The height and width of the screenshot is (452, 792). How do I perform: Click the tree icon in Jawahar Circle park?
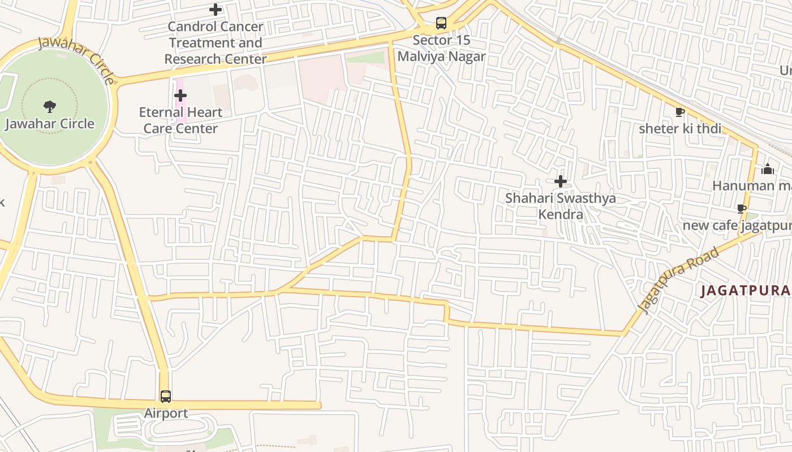tap(50, 106)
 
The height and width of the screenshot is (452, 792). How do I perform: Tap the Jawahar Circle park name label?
tap(50, 124)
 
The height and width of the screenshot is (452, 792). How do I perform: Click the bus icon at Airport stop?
tap(165, 397)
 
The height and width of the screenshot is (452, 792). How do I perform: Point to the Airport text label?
tap(166, 413)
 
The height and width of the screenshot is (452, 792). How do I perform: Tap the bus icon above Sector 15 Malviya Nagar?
tap(441, 23)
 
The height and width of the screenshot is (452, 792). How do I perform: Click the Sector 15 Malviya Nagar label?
tap(441, 48)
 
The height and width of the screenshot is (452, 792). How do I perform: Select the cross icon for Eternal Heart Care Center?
tap(180, 95)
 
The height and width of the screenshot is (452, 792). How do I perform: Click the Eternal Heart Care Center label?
tap(180, 120)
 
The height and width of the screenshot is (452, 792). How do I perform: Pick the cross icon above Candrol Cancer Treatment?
tap(216, 10)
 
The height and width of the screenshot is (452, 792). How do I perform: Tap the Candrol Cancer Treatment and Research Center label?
tap(216, 42)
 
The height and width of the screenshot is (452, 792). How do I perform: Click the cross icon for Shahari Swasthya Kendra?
tap(561, 181)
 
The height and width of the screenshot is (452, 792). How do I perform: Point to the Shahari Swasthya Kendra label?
tap(561, 206)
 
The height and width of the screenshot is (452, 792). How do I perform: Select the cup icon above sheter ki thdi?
tap(680, 112)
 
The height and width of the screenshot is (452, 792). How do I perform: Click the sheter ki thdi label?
tap(680, 129)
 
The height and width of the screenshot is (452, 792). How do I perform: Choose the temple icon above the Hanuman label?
tap(768, 169)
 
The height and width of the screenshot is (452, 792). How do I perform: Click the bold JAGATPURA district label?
tap(745, 291)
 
